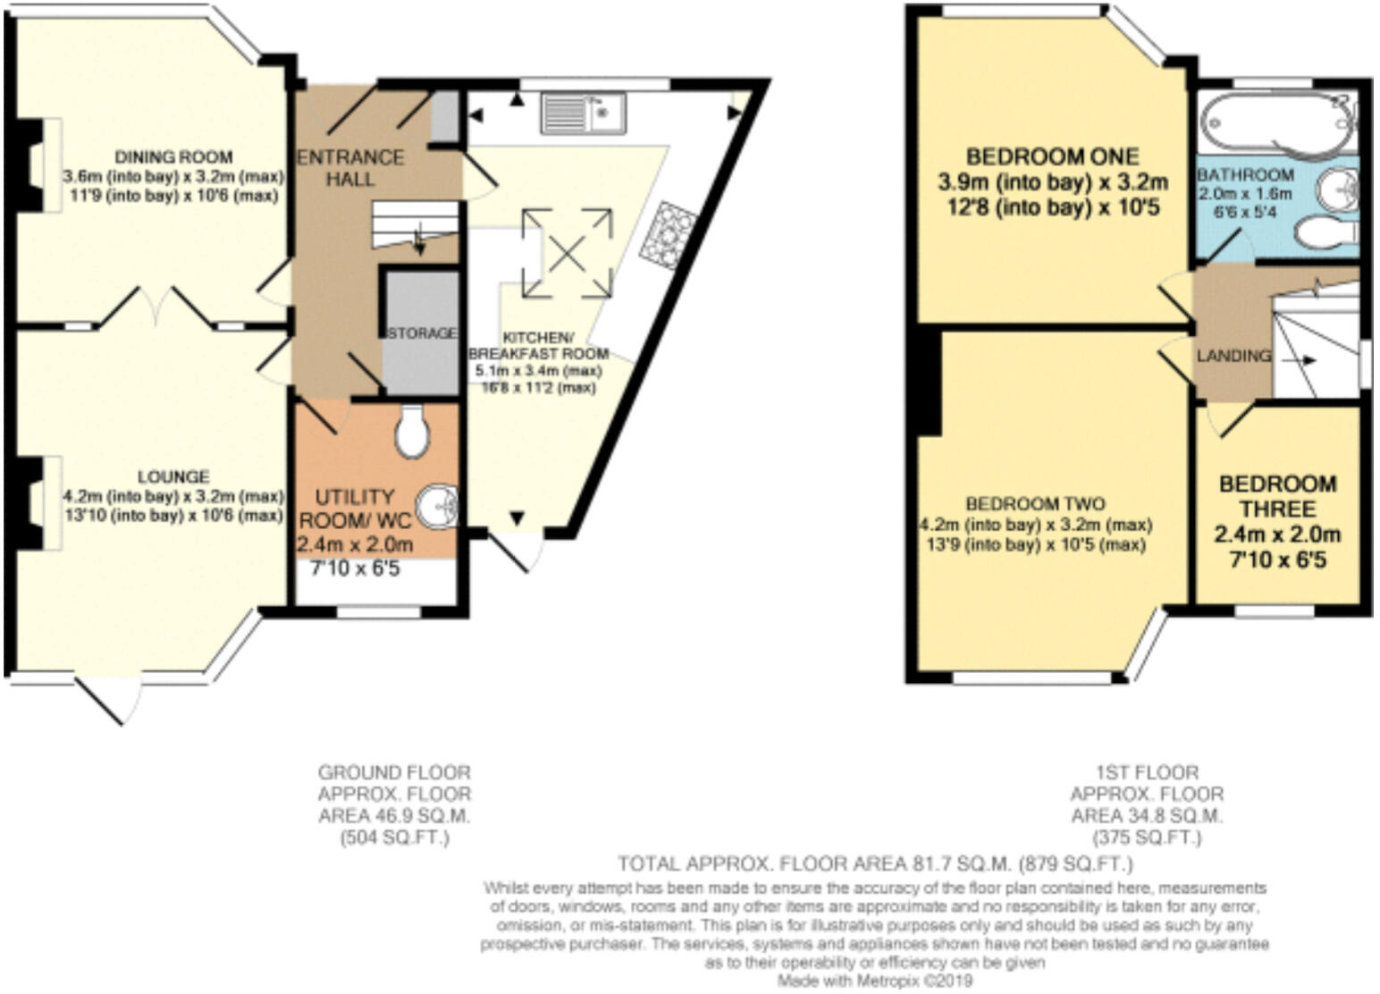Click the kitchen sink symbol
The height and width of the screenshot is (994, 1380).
point(583,114)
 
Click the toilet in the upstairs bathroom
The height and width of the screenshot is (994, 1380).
point(1326,233)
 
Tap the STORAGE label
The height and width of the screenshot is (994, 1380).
point(421,333)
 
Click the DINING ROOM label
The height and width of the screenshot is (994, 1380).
point(173,157)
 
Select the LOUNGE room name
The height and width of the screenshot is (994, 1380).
point(173,477)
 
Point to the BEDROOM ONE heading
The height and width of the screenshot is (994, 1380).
point(1052,157)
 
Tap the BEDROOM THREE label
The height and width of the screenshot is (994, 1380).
point(1277,496)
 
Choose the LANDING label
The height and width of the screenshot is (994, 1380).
point(1233,356)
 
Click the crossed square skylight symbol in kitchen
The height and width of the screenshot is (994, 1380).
point(567,253)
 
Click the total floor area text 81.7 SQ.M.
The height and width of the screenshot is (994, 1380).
point(875,864)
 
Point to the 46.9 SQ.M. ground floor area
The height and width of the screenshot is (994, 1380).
point(394,816)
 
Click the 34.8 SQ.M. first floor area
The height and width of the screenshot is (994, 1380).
point(1147,816)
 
